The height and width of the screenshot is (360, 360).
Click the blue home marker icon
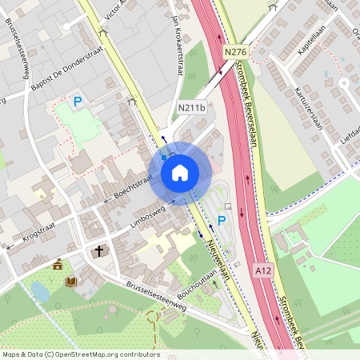click(x=180, y=172)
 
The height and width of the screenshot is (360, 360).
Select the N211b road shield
click(x=191, y=108)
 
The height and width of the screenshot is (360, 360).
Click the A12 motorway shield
click(x=263, y=271)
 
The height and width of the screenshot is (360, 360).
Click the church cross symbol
click(x=98, y=251)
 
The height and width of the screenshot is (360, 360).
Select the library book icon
click(x=70, y=282)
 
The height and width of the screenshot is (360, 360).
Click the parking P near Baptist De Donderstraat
click(x=78, y=102)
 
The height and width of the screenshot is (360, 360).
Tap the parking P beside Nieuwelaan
click(x=222, y=220)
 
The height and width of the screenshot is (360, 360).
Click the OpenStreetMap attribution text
click(x=80, y=354)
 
